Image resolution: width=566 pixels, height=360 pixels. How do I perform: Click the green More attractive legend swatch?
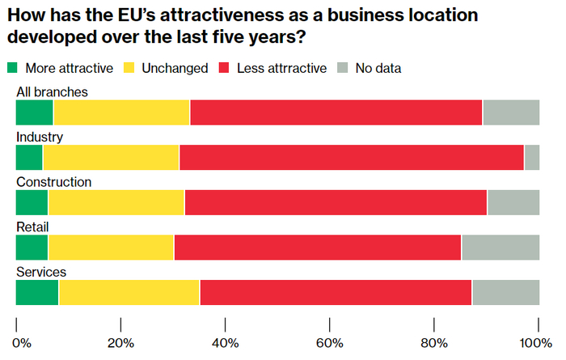[x=12, y=68]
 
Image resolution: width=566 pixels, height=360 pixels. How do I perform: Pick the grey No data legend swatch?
[x=343, y=68]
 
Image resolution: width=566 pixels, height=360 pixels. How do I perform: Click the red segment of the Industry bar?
[x=352, y=157]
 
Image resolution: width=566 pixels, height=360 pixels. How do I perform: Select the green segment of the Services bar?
[x=37, y=293]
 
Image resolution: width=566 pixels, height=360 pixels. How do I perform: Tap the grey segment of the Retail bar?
[x=501, y=248]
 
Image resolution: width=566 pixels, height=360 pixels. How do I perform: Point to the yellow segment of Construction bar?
[x=116, y=202]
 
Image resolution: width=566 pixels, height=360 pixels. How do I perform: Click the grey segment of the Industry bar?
[x=532, y=157]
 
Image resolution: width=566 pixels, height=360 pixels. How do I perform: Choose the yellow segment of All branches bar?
[x=121, y=112]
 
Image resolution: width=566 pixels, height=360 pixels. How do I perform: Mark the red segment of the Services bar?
[x=336, y=293]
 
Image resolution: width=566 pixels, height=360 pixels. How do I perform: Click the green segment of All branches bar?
[x=35, y=112]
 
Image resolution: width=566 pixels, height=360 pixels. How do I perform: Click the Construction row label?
[x=54, y=182]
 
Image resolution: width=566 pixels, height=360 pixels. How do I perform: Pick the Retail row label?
[x=33, y=227]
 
